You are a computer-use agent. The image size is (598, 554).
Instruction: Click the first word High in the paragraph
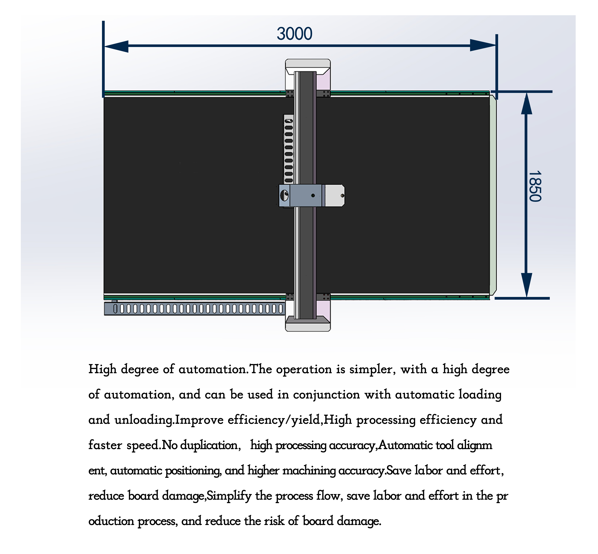pyautogui.click(x=102, y=369)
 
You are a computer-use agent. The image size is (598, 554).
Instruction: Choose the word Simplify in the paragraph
pyautogui.click(x=229, y=496)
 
